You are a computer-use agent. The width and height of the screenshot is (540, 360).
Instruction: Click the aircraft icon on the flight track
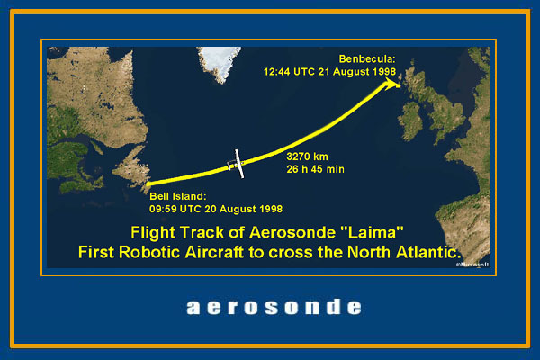237,165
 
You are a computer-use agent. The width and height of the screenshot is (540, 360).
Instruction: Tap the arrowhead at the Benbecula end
391,84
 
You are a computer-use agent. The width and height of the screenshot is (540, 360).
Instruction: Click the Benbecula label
367,58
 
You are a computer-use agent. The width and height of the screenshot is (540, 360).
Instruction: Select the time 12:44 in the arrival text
276,72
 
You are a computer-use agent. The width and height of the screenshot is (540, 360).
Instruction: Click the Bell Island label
177,196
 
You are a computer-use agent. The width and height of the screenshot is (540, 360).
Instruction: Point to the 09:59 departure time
163,209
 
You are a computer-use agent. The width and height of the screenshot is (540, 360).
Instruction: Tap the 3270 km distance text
307,157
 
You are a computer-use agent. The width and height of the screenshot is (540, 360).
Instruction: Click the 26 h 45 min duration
315,169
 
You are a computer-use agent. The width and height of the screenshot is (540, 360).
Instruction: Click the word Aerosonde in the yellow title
292,232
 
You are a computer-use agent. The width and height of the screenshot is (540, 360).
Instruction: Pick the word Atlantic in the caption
428,252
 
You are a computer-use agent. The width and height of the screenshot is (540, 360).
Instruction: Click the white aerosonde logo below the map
274,307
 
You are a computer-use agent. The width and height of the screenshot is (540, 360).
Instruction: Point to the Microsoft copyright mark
472,265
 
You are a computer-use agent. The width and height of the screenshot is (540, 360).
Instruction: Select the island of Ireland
411,121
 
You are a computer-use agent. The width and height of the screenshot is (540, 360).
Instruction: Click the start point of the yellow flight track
148,184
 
